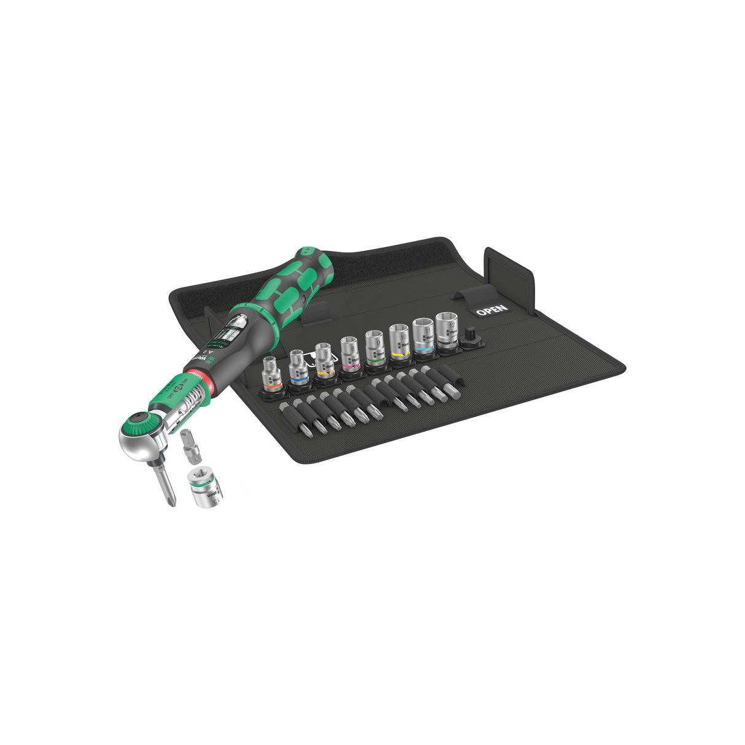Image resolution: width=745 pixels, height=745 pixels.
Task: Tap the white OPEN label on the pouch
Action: [492, 309]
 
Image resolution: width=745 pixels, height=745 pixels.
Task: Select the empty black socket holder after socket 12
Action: [471, 337]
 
